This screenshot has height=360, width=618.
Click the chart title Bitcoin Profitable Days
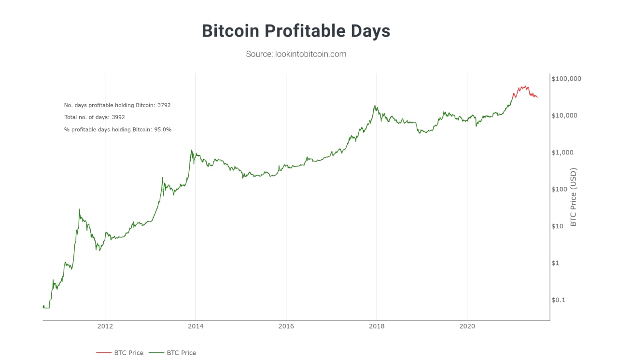point(295,31)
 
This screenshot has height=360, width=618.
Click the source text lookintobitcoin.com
point(296,54)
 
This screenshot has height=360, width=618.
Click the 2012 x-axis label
point(105,326)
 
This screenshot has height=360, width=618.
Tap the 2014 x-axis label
point(196,326)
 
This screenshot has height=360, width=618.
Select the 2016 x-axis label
point(286,326)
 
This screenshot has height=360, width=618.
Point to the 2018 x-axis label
point(377,326)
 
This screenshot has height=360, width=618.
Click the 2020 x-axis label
point(467,326)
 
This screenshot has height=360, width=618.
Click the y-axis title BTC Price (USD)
point(574,197)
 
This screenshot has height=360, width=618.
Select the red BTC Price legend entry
point(120,353)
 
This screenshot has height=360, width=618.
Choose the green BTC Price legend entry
point(173,353)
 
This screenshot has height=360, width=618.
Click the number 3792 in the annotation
point(164,105)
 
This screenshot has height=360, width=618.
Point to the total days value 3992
point(118,117)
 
